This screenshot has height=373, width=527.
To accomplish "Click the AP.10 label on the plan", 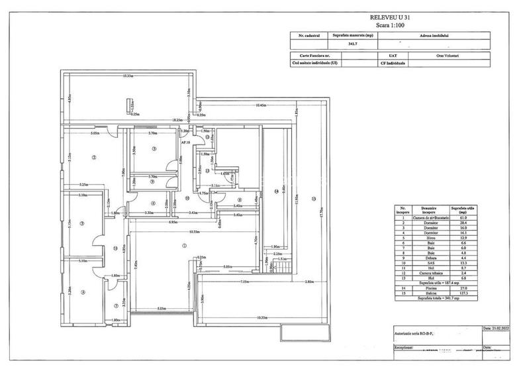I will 186,142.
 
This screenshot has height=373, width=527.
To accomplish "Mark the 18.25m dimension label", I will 177,120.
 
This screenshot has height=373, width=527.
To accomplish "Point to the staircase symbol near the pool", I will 283,266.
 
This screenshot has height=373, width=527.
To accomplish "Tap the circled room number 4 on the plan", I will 83,292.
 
